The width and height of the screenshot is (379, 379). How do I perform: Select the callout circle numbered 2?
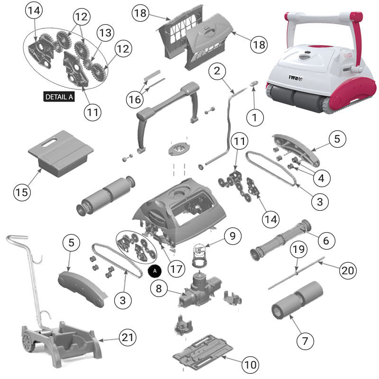(x=217, y=72)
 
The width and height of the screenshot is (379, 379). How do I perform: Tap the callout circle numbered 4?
(x=321, y=179)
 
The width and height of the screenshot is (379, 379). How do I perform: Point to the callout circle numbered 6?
(x=325, y=240)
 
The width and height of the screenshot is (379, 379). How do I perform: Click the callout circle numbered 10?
(x=251, y=364)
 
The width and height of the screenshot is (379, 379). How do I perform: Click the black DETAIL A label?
(x=59, y=97)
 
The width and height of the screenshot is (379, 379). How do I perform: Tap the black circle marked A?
(x=155, y=270)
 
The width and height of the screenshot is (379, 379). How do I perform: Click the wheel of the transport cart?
(x=27, y=341)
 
